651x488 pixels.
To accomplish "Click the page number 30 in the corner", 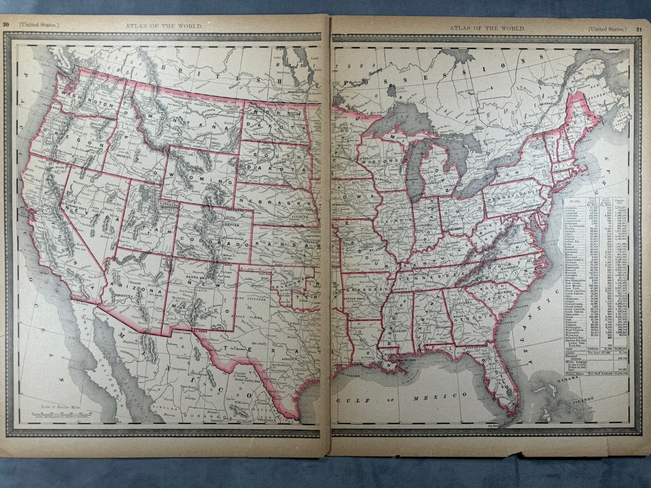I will [8, 24].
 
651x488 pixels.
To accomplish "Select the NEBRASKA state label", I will [271, 204].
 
